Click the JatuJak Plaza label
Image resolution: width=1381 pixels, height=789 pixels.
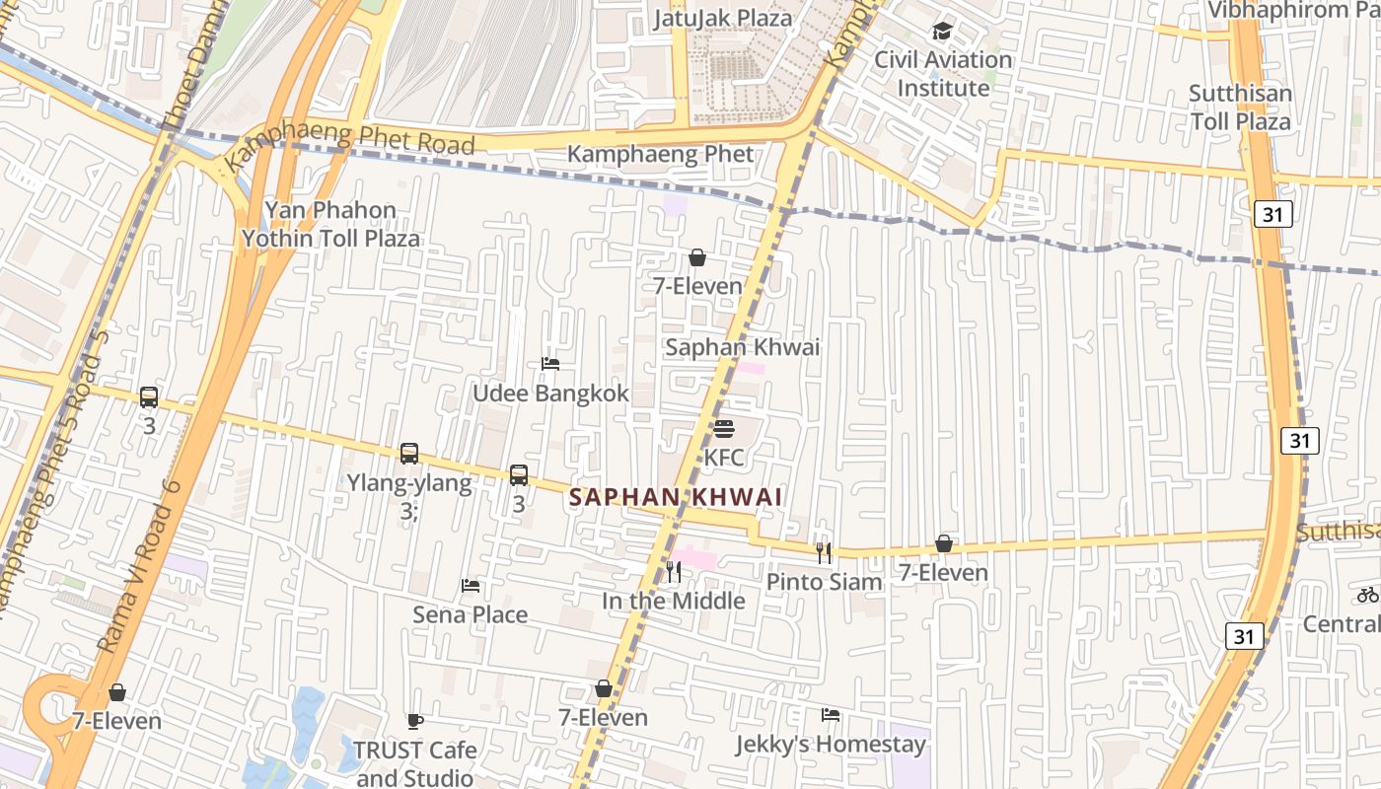click(x=723, y=18)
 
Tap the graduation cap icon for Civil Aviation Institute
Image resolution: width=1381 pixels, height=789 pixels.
click(x=943, y=31)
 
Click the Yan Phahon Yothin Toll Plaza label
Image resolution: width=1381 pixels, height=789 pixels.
click(x=330, y=224)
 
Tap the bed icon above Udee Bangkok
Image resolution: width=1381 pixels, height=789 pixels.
click(x=550, y=364)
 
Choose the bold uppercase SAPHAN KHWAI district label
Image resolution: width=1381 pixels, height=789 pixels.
click(x=677, y=497)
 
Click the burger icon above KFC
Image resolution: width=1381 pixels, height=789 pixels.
click(x=724, y=429)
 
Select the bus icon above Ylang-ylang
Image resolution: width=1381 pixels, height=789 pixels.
click(x=409, y=454)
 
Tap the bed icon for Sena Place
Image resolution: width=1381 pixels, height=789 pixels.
click(x=471, y=586)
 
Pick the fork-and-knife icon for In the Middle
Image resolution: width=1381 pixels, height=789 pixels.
click(x=674, y=571)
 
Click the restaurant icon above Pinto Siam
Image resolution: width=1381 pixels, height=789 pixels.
click(x=825, y=553)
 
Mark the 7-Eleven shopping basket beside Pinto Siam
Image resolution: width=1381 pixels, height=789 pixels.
click(x=944, y=543)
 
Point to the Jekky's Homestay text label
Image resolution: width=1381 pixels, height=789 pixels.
click(x=831, y=744)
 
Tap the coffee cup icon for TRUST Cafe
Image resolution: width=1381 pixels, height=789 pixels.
click(x=415, y=721)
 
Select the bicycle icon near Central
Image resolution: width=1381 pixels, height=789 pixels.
click(x=1367, y=595)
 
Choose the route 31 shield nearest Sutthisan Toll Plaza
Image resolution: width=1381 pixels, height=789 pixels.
click(x=1273, y=214)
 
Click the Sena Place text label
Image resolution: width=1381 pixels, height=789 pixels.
click(x=471, y=614)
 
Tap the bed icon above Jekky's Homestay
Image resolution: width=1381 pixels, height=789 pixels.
click(x=831, y=715)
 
